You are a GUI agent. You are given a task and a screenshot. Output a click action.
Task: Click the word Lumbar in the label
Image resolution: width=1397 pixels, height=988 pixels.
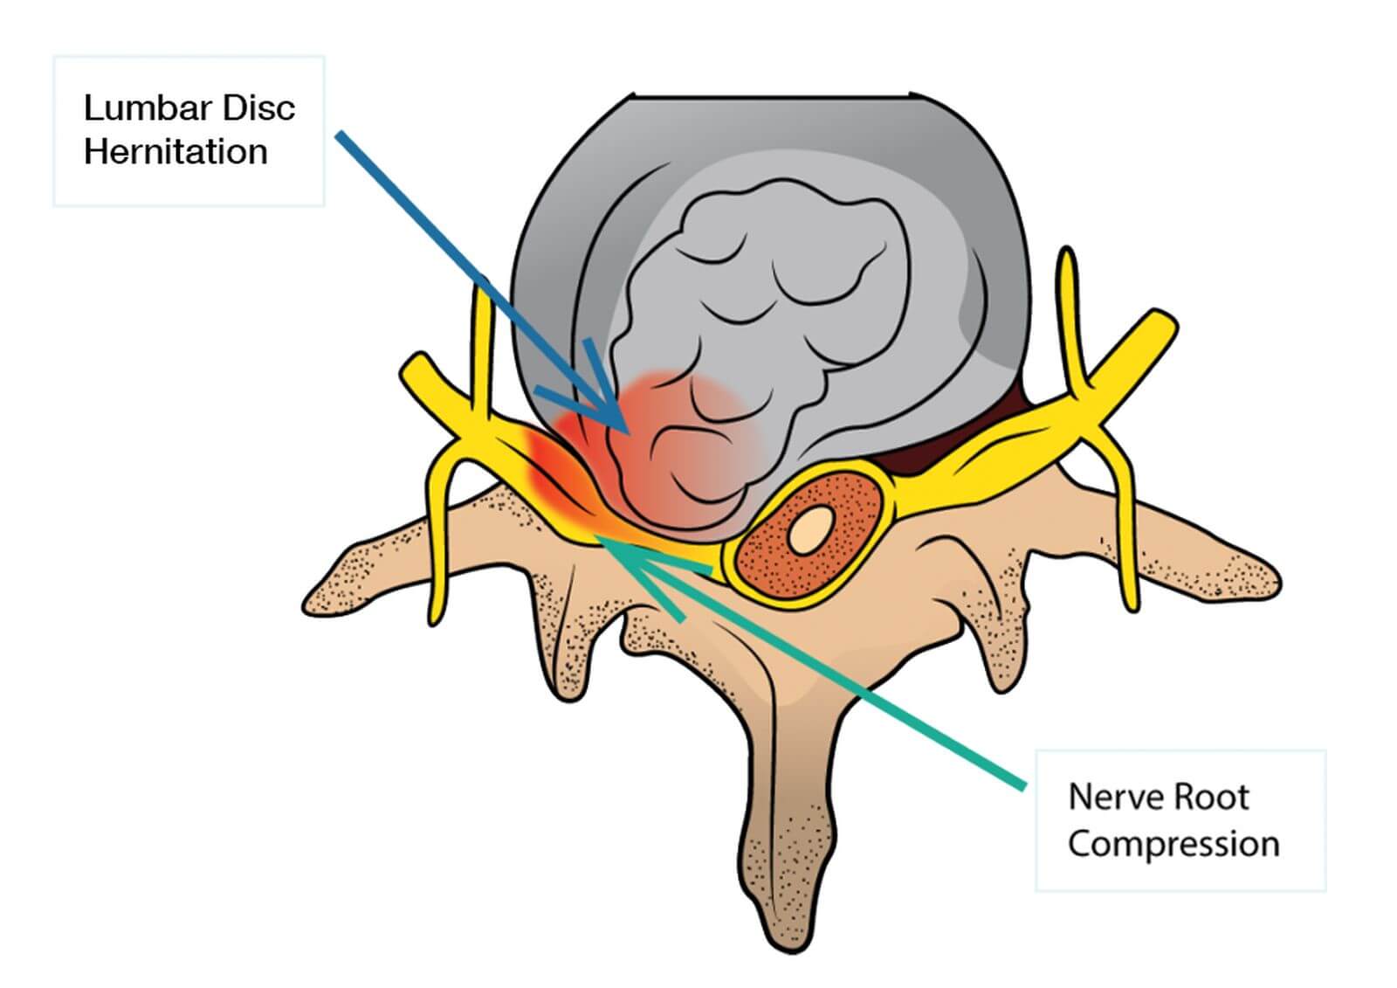[145, 108]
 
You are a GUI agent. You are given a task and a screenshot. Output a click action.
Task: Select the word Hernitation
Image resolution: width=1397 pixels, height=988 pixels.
[175, 152]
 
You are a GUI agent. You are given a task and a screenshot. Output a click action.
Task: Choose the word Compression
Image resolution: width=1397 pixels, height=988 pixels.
[1173, 844]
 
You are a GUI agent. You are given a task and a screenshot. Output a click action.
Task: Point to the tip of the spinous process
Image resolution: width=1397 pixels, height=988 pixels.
[791, 939]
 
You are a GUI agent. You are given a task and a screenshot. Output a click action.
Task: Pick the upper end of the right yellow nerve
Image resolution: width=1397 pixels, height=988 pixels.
[1066, 258]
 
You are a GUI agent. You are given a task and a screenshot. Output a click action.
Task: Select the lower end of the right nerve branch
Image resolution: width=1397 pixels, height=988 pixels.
[1130, 603]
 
